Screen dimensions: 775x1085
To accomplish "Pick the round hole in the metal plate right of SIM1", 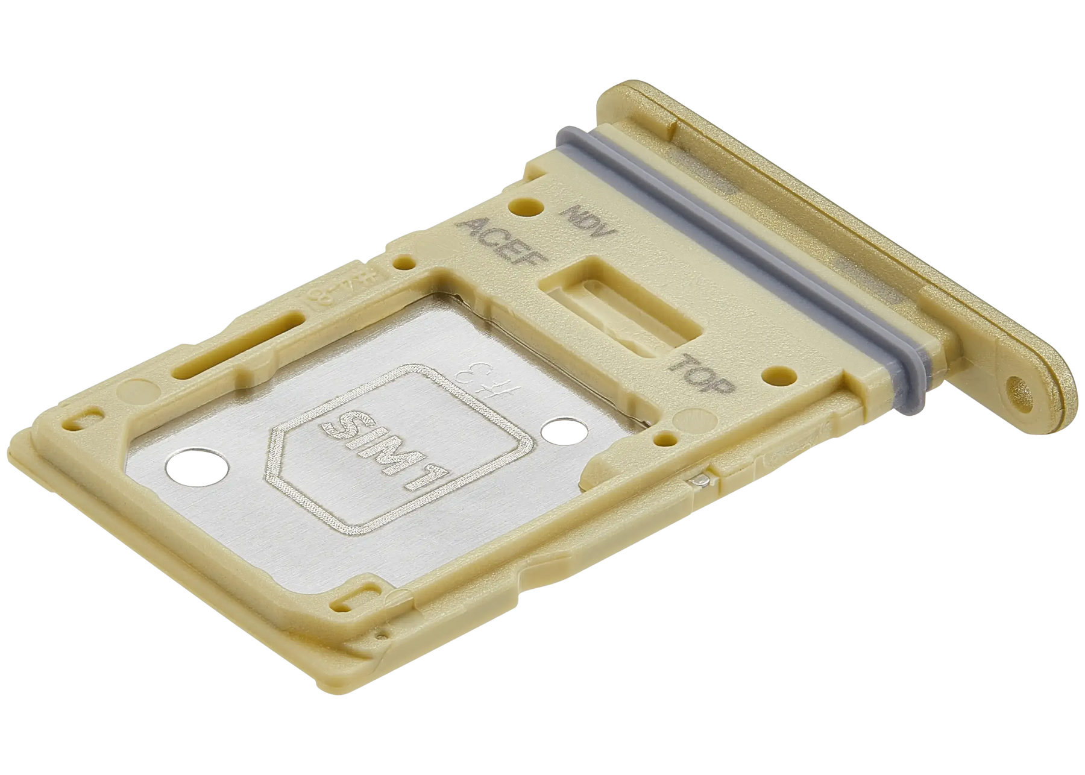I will [558, 431].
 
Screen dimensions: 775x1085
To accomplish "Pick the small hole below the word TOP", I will [665, 439].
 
